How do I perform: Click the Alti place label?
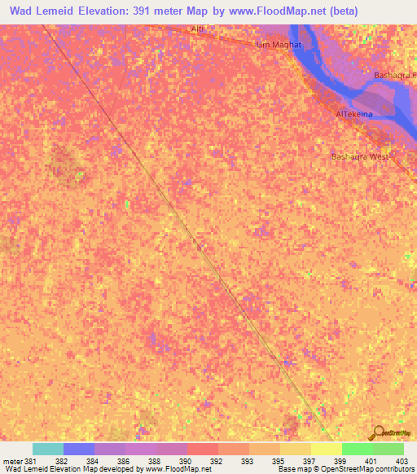tap(196, 29)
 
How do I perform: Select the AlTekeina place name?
tap(354, 115)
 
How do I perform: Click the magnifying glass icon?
tap(379, 432)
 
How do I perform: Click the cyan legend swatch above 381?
tap(48, 449)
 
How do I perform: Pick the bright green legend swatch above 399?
tap(358, 449)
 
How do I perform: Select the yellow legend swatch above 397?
tap(327, 449)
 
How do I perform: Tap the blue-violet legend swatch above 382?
tap(79, 449)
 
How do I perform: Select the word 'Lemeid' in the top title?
tap(61, 12)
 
